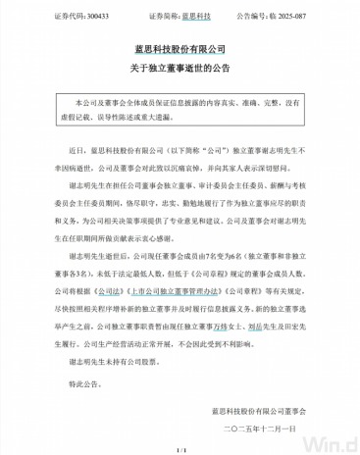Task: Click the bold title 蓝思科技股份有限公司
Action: pos(180,48)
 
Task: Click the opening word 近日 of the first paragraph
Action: pos(80,153)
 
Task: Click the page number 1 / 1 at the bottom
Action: pos(180,448)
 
